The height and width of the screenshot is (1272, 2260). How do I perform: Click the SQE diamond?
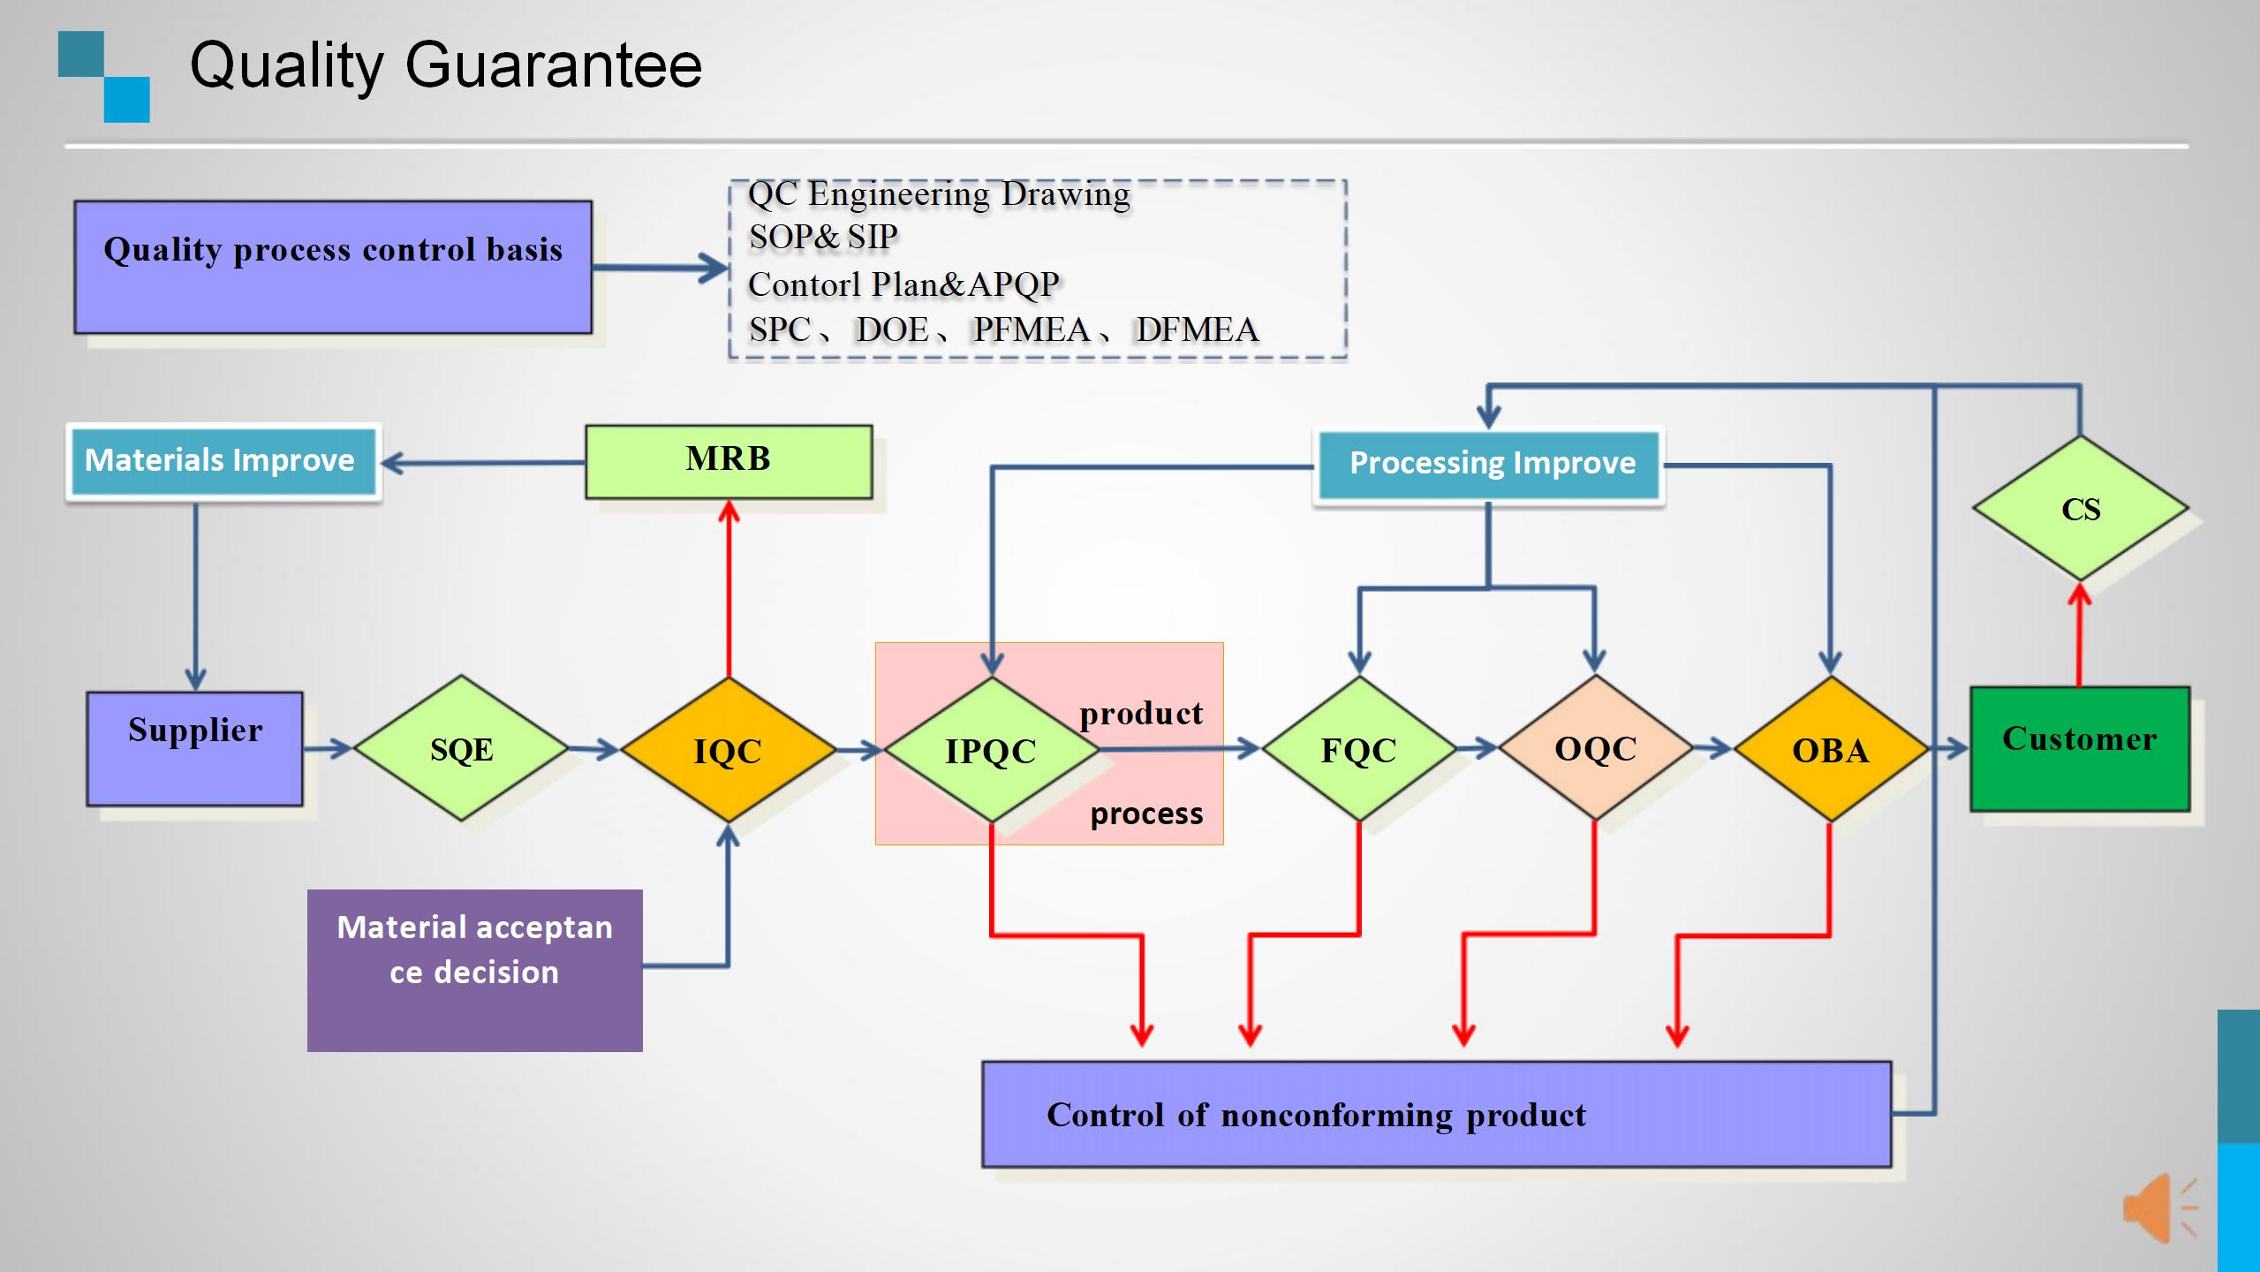coord(461,749)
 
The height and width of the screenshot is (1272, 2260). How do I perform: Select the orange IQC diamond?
coord(728,750)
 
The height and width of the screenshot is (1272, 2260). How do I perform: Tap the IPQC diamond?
coord(991,750)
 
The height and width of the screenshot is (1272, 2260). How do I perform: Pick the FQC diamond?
coord(1358,749)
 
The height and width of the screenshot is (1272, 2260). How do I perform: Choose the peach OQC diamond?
coord(1595,748)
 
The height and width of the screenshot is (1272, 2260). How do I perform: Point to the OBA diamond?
coord(1830,749)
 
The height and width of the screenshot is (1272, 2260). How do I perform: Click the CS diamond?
coord(2080,509)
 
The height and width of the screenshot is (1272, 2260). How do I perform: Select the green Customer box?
coord(2079,748)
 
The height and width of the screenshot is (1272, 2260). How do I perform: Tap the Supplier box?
coord(194,748)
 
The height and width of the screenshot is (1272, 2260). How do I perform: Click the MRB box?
coord(729,461)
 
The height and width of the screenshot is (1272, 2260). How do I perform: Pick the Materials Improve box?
coord(221,461)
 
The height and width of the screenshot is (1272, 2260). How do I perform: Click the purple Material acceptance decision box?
coord(474,969)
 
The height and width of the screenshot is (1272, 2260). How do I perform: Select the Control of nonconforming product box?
coord(1436,1114)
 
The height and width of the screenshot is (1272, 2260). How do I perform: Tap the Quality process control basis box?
coord(333,267)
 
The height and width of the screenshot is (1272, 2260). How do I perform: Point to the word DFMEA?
coord(1197,329)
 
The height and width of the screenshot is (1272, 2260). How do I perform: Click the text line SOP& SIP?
coord(823,237)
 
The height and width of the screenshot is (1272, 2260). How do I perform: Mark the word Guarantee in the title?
coord(553,65)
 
